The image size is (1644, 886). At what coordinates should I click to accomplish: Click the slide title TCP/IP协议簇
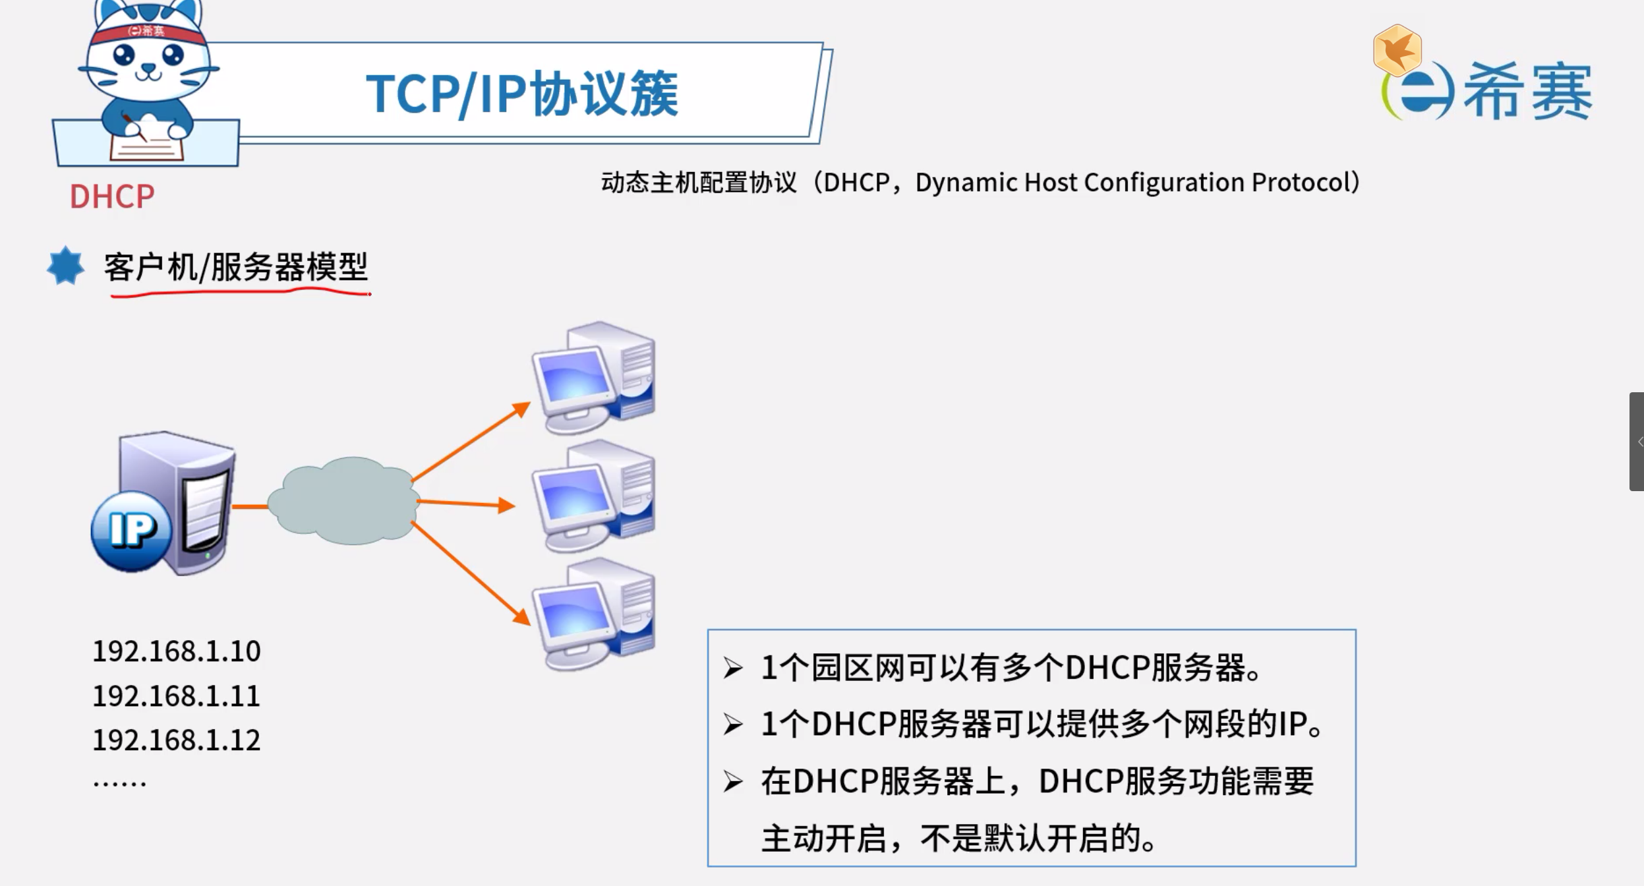521,94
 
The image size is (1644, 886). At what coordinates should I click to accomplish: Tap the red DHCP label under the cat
112,196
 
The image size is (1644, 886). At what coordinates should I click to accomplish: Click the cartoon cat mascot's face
148,59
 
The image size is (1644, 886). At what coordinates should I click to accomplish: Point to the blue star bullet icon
65,266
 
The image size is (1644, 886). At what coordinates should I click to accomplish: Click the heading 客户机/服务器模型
236,268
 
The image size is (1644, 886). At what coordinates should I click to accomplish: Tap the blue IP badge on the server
132,529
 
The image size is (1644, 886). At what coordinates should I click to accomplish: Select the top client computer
593,377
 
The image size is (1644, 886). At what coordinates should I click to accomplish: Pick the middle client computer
593,496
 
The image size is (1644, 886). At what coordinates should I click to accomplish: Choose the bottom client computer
593,614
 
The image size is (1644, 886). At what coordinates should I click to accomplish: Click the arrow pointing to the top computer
471,442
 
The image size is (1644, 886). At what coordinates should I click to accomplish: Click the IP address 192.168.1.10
176,651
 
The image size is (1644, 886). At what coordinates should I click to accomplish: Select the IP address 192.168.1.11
176,696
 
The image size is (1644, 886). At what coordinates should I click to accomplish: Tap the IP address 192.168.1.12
176,740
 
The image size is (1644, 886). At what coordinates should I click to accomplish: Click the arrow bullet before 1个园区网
732,668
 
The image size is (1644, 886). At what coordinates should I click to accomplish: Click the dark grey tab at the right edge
1636,442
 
